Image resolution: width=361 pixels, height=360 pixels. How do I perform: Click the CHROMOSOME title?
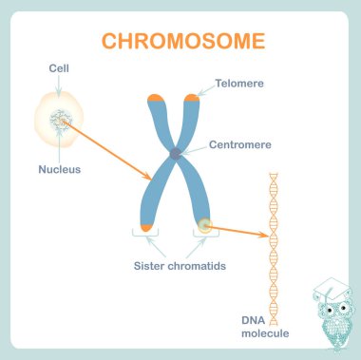[183, 42]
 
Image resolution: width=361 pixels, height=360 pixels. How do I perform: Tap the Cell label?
[59, 69]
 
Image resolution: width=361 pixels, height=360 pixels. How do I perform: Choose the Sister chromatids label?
[180, 267]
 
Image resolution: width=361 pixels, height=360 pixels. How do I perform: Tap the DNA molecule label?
[264, 327]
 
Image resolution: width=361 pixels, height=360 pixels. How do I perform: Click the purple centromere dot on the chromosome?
[175, 153]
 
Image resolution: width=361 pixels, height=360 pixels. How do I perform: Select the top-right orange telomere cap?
[192, 96]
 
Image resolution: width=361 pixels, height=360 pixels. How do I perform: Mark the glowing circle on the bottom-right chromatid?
[203, 226]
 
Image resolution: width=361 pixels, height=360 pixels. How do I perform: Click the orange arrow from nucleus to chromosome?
[109, 151]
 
